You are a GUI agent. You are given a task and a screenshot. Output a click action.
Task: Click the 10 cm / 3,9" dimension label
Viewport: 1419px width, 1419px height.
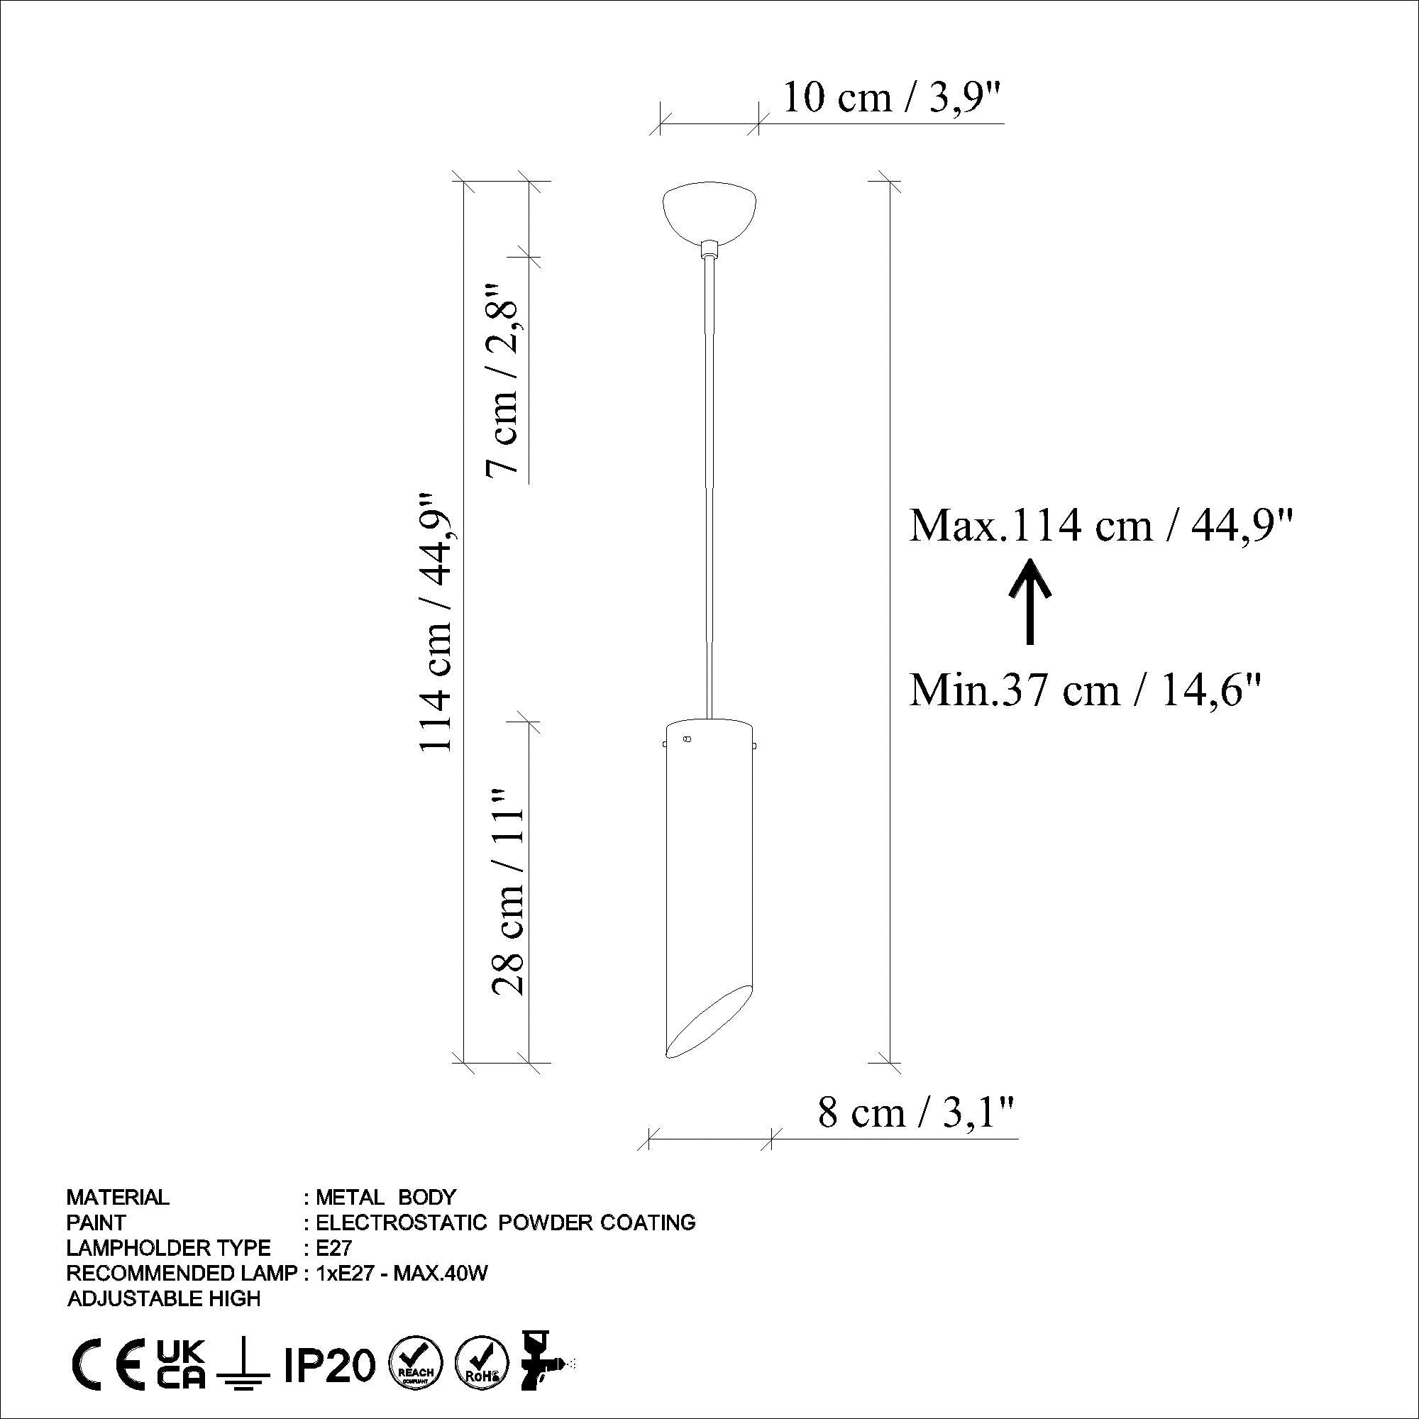pos(892,99)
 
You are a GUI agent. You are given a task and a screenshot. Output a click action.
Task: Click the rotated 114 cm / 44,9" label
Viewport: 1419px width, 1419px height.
pos(438,621)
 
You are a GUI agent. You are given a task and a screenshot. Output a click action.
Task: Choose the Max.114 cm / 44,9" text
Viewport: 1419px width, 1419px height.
pos(1101,526)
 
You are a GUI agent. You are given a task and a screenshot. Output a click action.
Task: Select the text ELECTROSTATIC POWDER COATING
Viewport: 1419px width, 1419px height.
pos(504,1222)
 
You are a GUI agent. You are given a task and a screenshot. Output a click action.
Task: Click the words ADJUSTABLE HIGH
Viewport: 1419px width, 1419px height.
pos(163,1298)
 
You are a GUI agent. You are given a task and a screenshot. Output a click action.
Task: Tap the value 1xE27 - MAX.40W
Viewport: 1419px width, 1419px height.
pos(401,1274)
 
